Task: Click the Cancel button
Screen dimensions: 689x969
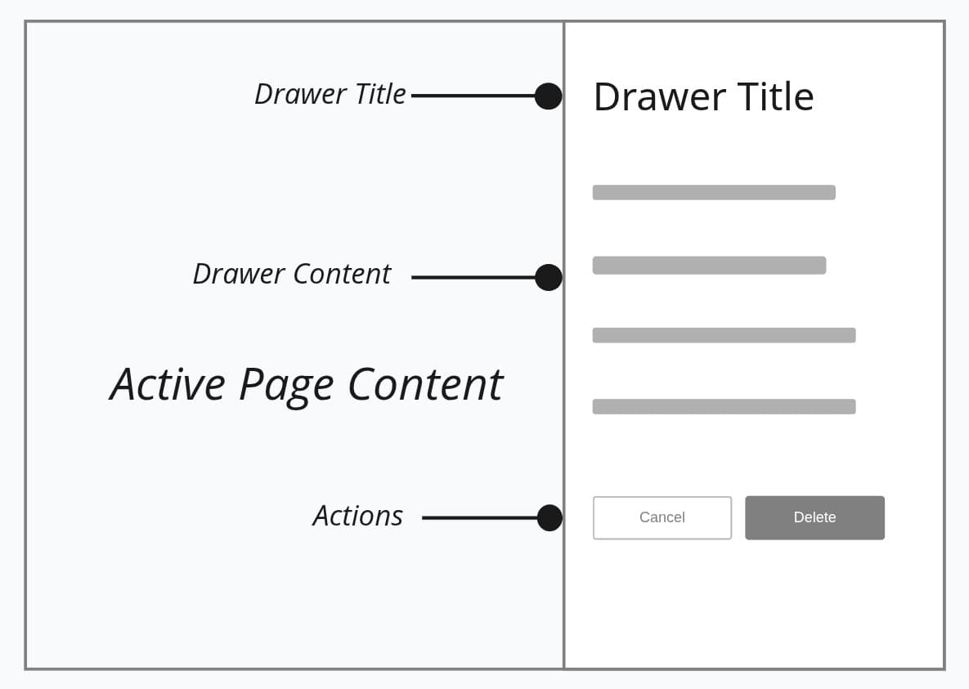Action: pos(662,517)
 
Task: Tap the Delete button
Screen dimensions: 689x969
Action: pos(814,517)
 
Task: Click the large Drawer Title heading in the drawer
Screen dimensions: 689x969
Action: pos(703,96)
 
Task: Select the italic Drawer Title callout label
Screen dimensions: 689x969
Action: pos(330,94)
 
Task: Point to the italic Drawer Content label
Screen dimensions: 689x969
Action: pos(291,274)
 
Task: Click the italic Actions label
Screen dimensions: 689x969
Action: pos(357,516)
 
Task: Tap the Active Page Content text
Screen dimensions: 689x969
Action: pos(306,384)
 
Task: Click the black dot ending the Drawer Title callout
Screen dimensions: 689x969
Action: pos(548,96)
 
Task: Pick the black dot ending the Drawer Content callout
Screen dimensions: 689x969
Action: pos(548,277)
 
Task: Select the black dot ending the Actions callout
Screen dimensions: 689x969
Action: pos(550,517)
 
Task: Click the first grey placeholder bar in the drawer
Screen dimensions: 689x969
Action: pos(714,192)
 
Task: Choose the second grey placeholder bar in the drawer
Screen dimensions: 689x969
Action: pos(709,265)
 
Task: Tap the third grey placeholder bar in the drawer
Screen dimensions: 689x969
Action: pos(724,335)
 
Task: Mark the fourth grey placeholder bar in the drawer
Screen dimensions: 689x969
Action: pos(724,406)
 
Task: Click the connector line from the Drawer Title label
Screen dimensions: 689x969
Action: pos(473,96)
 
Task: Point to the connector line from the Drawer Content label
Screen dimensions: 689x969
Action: pos(473,277)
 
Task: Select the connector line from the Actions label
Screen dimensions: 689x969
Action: pos(479,517)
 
